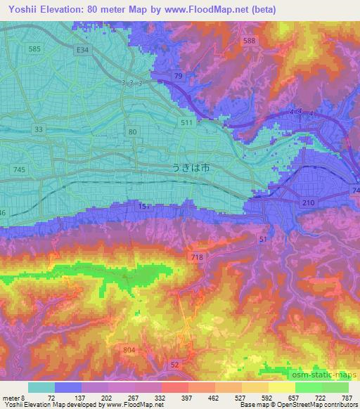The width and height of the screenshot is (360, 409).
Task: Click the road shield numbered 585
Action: (x=34, y=48)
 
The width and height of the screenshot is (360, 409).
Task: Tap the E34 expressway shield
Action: (x=84, y=50)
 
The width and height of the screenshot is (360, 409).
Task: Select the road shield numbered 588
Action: (x=249, y=41)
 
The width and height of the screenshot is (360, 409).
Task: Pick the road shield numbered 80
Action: (x=133, y=132)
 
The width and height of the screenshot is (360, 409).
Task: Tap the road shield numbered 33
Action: (x=38, y=130)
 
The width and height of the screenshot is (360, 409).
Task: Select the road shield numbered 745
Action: (x=20, y=169)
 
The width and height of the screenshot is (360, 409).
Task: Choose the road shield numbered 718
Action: (x=198, y=259)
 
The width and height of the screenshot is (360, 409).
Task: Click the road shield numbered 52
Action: (x=176, y=363)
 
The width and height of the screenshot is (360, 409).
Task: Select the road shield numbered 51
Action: (x=262, y=240)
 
